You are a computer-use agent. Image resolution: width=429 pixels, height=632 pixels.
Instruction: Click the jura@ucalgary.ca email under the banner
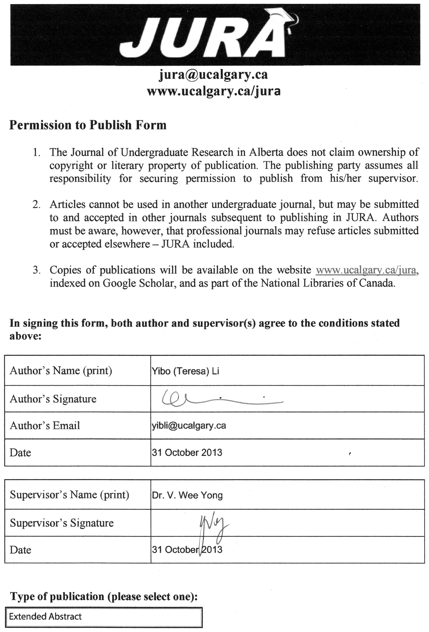(213, 74)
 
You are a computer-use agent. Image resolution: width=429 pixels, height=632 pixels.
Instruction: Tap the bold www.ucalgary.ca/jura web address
(213, 91)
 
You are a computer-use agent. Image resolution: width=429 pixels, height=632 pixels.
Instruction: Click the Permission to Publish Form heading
(88, 125)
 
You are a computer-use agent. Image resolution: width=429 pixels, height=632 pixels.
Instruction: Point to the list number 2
(36, 204)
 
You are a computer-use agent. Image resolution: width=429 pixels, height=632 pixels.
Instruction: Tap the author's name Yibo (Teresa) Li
(186, 371)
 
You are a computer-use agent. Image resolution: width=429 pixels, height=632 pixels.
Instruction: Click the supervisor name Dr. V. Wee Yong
(187, 495)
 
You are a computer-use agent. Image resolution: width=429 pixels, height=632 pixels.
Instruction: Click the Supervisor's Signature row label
(62, 523)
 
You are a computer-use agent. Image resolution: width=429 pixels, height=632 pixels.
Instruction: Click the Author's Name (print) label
(61, 371)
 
